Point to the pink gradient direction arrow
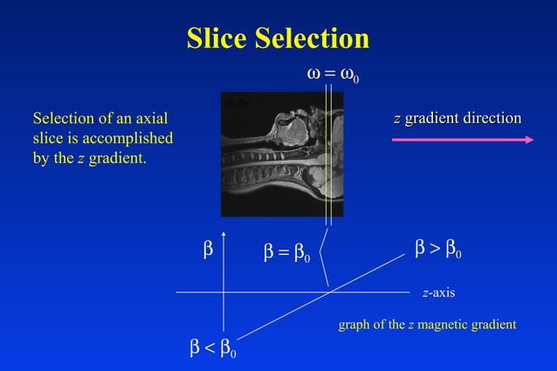tap(463, 138)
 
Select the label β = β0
tap(287, 253)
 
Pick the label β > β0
tap(439, 252)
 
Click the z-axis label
tap(438, 292)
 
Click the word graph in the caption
tap(354, 325)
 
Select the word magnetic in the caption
tap(442, 325)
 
